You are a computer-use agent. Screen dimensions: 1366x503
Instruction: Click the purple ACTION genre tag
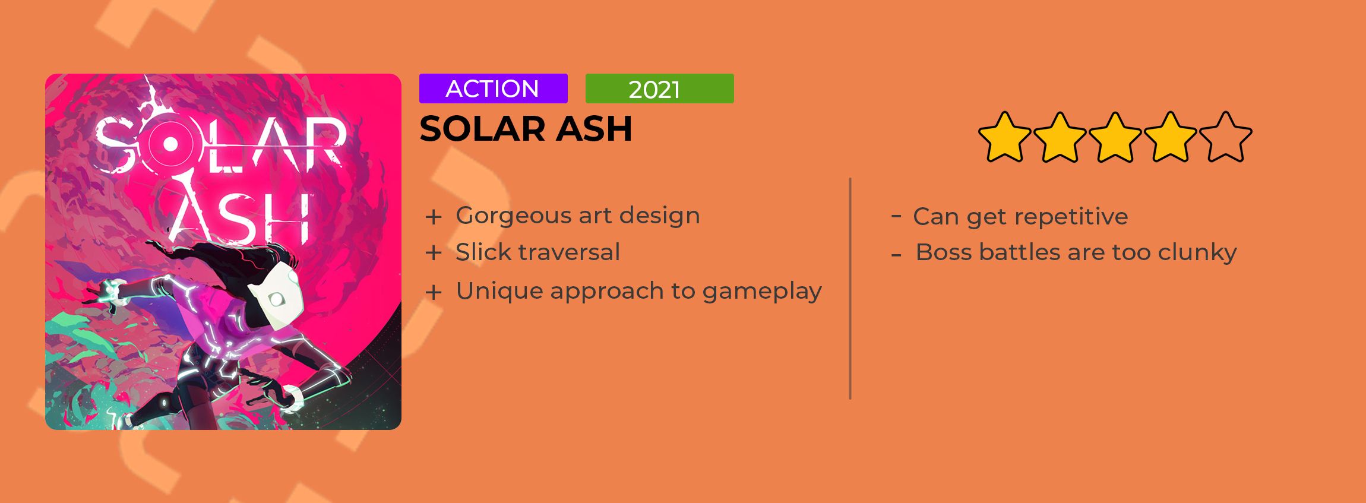tap(493, 88)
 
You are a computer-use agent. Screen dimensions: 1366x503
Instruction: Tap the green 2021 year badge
tap(659, 88)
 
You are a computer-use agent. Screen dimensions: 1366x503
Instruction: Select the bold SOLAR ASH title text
tap(526, 128)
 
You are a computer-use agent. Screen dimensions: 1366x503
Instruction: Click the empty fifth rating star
tap(1226, 137)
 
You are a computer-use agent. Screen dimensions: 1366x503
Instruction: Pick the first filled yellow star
tap(1005, 137)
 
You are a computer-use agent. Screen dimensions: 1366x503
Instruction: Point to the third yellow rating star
tap(1115, 137)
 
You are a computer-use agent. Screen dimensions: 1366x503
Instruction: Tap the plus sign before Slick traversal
tap(434, 253)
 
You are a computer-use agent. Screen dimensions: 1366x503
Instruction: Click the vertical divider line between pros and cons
tap(850, 289)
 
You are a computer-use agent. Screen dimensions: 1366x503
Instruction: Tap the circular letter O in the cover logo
tap(169, 144)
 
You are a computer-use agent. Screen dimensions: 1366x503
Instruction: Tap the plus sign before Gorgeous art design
tap(434, 217)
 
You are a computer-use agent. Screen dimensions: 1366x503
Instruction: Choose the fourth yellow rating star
tap(1171, 137)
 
